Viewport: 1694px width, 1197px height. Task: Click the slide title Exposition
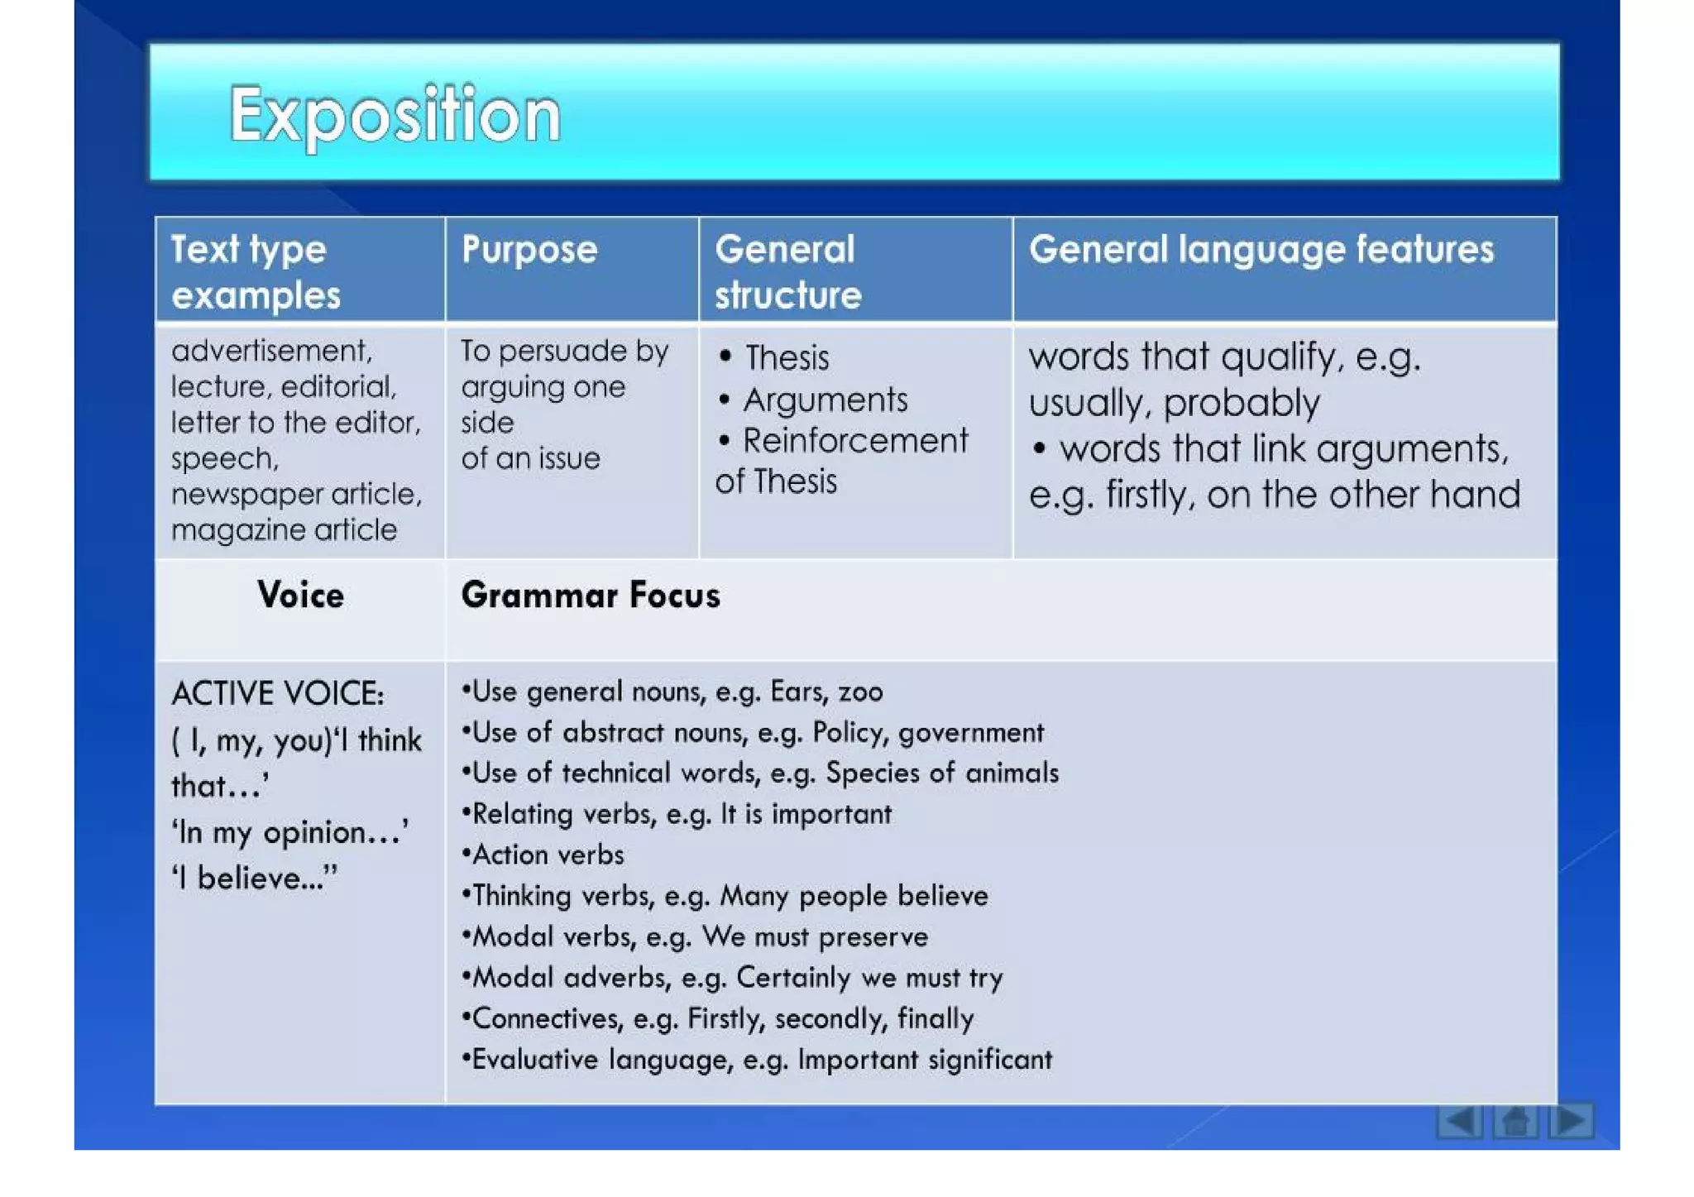(395, 115)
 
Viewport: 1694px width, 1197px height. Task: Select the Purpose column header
(529, 250)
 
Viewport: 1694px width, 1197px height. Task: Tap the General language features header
(1261, 250)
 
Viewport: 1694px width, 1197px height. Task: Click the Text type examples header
(256, 272)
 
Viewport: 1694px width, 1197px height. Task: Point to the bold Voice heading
(300, 596)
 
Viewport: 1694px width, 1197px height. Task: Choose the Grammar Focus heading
(590, 596)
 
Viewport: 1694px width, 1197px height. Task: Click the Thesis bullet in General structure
(786, 358)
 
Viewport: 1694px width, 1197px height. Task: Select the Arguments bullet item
(825, 400)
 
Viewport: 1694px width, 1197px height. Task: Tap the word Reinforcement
(854, 441)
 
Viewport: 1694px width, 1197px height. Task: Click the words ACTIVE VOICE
(277, 694)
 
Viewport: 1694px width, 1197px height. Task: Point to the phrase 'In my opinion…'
(290, 832)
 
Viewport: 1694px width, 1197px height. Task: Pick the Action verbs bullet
(547, 855)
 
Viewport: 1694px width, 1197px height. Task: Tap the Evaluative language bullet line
(757, 1060)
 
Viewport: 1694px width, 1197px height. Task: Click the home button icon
(1515, 1122)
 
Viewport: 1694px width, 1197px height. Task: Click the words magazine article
(284, 530)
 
